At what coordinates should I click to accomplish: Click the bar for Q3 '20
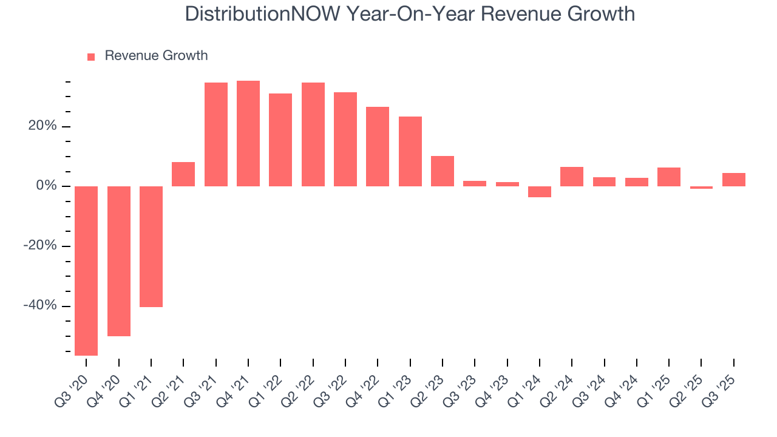click(x=86, y=271)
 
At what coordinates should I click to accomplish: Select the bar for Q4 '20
click(x=119, y=261)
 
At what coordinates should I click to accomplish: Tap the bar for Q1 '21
click(x=151, y=246)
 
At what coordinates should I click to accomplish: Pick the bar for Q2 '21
click(x=183, y=174)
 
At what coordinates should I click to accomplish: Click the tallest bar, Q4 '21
click(x=248, y=134)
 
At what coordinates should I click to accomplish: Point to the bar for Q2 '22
click(x=313, y=134)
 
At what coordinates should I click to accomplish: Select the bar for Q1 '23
click(x=410, y=151)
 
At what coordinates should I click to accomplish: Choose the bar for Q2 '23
click(x=443, y=171)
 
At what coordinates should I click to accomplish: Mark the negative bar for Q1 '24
click(x=540, y=192)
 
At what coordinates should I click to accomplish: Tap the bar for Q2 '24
click(x=572, y=177)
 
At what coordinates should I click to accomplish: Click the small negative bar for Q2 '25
click(x=701, y=188)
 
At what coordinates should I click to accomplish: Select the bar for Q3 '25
click(x=734, y=180)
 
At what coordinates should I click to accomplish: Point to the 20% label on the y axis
click(x=41, y=126)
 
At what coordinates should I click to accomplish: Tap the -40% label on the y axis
click(x=40, y=305)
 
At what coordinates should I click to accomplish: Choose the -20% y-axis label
click(x=40, y=246)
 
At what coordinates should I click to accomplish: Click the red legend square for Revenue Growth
click(x=91, y=57)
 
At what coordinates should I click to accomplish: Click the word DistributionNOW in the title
click(x=262, y=14)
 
